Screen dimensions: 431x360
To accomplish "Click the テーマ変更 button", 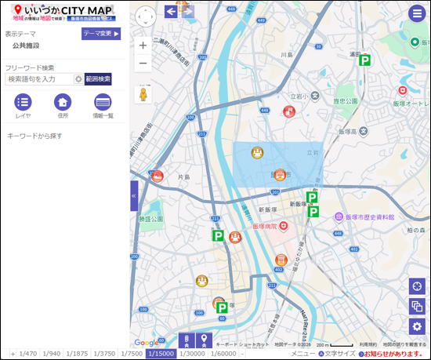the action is [101, 34].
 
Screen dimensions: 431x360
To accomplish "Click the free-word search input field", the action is [38, 78].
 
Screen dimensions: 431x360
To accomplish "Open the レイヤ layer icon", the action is [24, 102].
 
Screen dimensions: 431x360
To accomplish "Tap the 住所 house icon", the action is [63, 102].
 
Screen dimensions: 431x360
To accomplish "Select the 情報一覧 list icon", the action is [103, 102].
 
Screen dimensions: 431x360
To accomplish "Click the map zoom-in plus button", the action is [143, 45].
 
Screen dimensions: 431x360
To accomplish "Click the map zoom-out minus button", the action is [143, 64].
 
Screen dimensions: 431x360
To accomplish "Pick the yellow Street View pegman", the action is [143, 94].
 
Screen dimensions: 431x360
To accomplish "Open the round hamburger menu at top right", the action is [416, 13].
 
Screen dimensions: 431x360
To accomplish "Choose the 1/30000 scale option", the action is [191, 354].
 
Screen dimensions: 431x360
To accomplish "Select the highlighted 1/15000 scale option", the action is [161, 354].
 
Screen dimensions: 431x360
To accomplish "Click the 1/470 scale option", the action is [28, 354].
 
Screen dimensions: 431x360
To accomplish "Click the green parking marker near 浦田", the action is [364, 60].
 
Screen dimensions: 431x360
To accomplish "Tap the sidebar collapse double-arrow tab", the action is [134, 195].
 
